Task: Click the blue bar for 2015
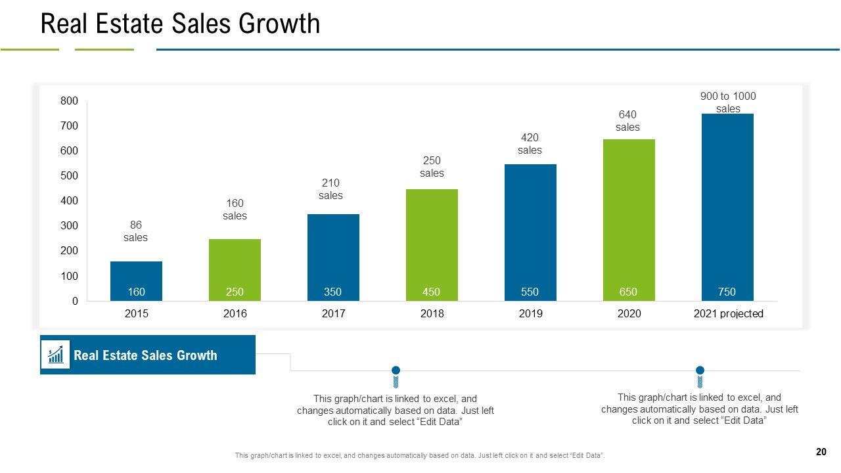click(x=136, y=276)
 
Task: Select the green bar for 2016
click(x=235, y=263)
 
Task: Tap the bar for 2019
click(x=530, y=230)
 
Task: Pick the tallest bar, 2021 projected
click(x=727, y=204)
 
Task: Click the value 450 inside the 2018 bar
click(x=431, y=292)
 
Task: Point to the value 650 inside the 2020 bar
click(x=628, y=292)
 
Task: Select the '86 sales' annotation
click(x=136, y=231)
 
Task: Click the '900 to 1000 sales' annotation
click(x=728, y=102)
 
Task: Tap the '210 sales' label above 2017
click(x=331, y=189)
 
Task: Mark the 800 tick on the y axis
click(x=70, y=101)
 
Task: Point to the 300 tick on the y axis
click(x=70, y=226)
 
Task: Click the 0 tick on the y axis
click(x=75, y=302)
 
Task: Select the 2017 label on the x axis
click(x=333, y=314)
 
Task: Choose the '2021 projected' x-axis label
click(x=728, y=314)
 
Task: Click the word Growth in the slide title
click(x=279, y=24)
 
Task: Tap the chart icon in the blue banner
click(x=56, y=355)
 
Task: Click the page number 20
click(x=821, y=452)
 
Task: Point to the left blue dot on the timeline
click(x=396, y=371)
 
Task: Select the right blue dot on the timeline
click(x=700, y=371)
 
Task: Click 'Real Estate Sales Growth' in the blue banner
click(x=145, y=355)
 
